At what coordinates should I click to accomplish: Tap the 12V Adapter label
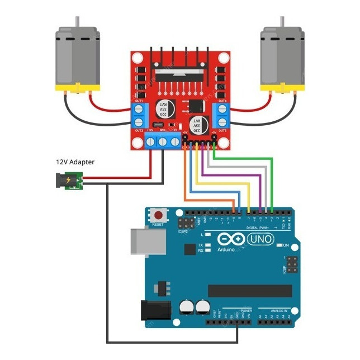(75, 162)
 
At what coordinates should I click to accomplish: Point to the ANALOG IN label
(278, 310)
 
